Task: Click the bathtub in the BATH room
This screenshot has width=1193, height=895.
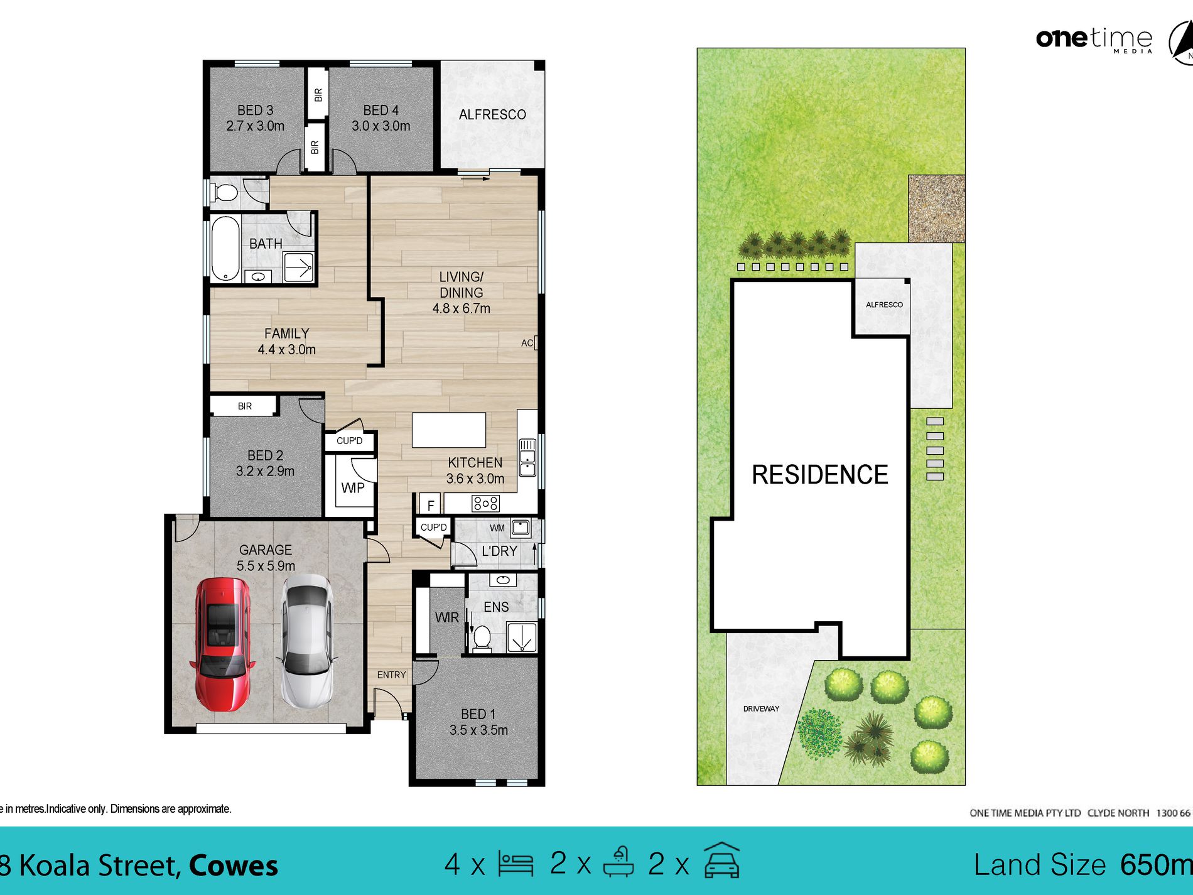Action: tap(225, 248)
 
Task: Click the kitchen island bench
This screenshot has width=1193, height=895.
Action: tap(448, 430)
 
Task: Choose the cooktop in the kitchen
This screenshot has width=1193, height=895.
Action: tap(485, 503)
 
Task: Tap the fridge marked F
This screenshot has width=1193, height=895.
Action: tap(431, 505)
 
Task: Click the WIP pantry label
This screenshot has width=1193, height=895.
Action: tap(352, 488)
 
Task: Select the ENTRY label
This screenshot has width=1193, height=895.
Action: tap(391, 675)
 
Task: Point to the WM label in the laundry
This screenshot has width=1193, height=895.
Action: tap(497, 528)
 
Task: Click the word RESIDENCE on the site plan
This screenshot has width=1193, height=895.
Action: tap(819, 475)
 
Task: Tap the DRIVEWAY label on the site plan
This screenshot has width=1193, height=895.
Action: tap(760, 708)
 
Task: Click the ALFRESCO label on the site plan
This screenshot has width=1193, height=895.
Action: tap(883, 305)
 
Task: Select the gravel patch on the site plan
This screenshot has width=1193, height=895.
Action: tap(936, 209)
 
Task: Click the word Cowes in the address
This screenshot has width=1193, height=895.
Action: tap(233, 865)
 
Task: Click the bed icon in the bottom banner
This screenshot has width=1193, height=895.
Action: tap(516, 864)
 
